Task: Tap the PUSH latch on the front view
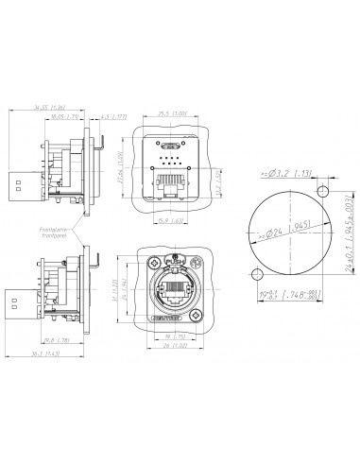click(x=172, y=264)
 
